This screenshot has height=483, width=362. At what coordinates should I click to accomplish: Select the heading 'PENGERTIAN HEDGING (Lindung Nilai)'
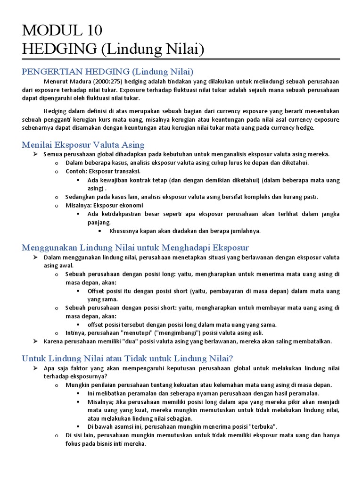[x=108, y=72]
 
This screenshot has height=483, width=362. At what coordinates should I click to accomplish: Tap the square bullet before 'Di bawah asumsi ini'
[x=78, y=426]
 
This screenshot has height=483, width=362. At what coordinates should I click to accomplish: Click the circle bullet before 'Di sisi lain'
[x=56, y=435]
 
